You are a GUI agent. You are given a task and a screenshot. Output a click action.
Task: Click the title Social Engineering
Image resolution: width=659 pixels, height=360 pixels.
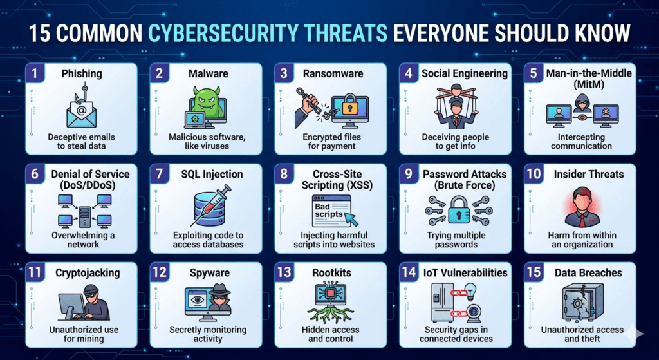point(464,73)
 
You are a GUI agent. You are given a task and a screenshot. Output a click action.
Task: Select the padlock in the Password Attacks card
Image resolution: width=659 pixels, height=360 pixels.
point(459,208)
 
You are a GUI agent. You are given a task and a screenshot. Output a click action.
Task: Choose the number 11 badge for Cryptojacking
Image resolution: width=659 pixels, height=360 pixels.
point(33,272)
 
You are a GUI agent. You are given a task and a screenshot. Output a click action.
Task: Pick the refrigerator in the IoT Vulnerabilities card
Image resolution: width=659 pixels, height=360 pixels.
point(440,303)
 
